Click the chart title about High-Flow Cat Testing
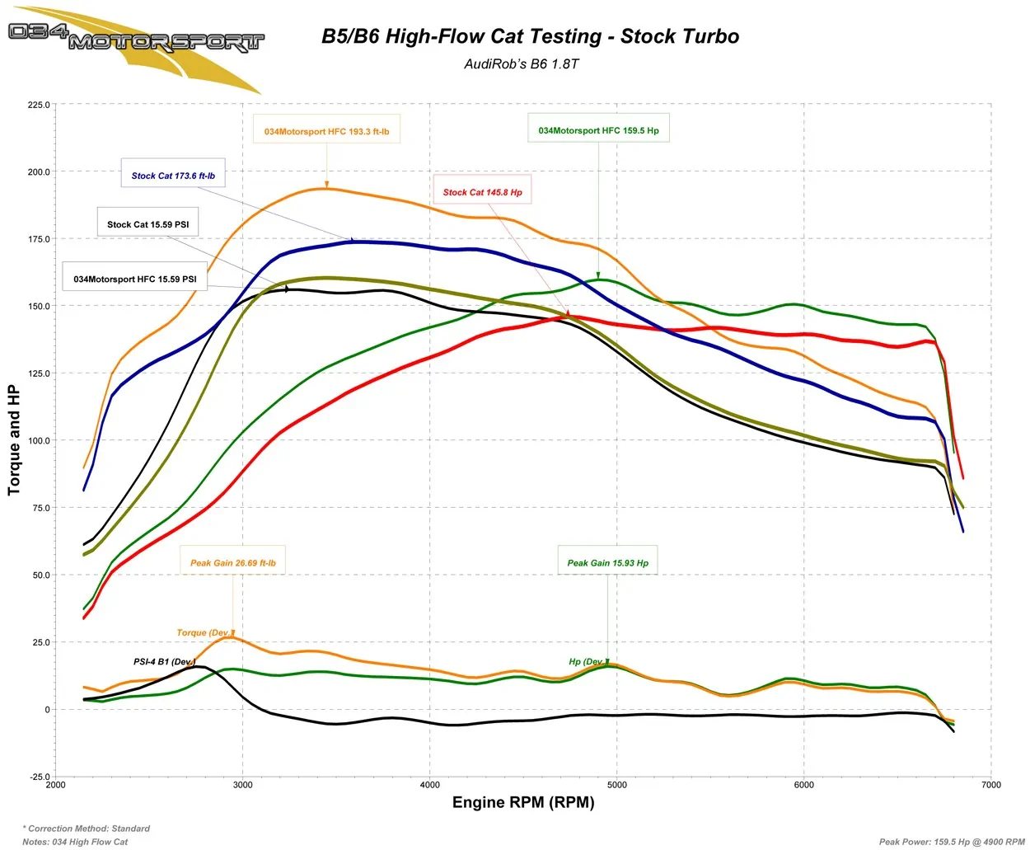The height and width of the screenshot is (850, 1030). click(530, 36)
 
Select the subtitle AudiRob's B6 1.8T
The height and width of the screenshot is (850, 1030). click(522, 64)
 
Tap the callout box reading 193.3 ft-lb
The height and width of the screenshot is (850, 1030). click(326, 131)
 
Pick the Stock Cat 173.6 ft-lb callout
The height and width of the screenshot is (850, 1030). click(173, 176)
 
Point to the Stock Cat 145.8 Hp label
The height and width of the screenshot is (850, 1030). click(482, 192)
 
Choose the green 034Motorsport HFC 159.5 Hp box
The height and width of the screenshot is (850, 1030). click(598, 130)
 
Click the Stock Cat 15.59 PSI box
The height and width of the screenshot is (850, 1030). click(147, 224)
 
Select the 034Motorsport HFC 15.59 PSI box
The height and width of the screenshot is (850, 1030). click(134, 279)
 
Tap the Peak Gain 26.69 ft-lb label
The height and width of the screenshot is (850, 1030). click(233, 563)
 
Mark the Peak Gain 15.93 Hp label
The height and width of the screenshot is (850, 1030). click(607, 563)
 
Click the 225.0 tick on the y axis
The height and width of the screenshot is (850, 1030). click(39, 106)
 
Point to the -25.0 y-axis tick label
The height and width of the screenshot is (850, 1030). click(39, 777)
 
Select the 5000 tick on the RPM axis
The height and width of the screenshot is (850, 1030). click(617, 785)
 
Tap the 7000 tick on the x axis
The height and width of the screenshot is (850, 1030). click(991, 785)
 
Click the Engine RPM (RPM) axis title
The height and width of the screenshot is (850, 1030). click(523, 803)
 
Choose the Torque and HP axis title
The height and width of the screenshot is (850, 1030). click(14, 440)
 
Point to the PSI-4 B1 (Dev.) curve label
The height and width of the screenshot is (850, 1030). click(164, 662)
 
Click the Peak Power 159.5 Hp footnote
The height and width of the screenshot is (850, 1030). click(952, 842)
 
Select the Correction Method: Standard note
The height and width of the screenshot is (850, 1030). click(87, 829)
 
